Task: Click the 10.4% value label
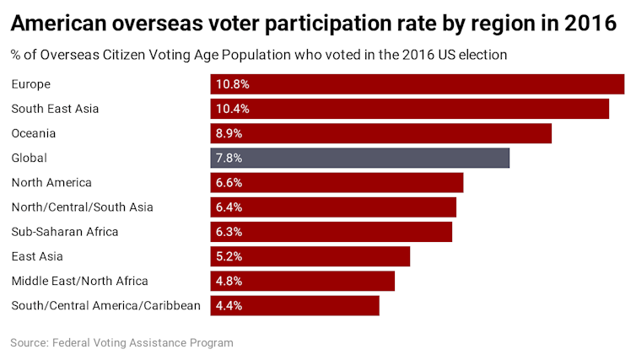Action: click(233, 109)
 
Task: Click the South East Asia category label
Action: click(55, 109)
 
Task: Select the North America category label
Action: click(51, 183)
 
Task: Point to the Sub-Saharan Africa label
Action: click(65, 232)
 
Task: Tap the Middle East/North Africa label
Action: click(79, 281)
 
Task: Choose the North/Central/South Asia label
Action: click(82, 207)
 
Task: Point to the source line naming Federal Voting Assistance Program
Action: click(121, 343)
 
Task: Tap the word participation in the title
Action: click(321, 24)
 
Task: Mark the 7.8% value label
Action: click(229, 158)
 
